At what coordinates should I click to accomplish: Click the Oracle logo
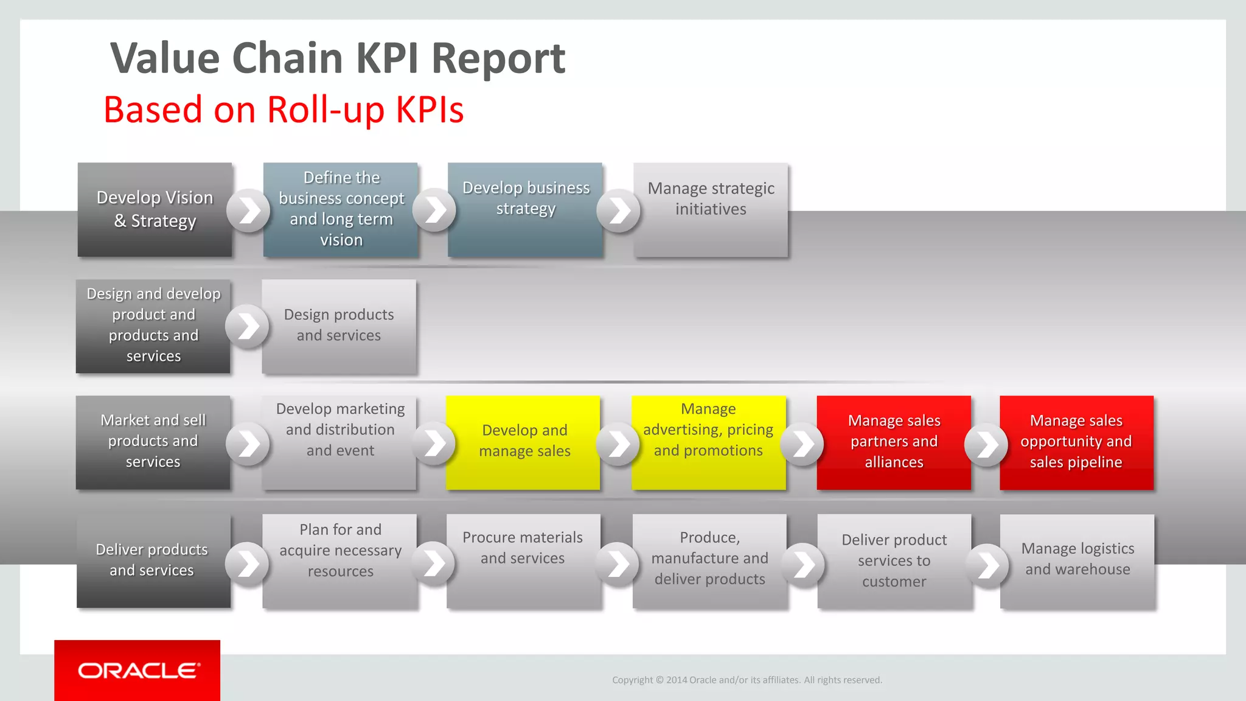[137, 670]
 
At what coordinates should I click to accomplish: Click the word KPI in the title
[386, 58]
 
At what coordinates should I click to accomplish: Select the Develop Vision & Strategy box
[155, 209]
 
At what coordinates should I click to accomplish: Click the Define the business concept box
[341, 209]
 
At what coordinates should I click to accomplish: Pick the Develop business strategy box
[525, 209]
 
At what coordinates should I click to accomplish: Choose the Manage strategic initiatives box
[711, 209]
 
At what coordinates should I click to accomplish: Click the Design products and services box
[339, 326]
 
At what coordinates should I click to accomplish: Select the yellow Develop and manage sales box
[523, 442]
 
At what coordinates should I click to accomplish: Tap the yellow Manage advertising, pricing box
[708, 442]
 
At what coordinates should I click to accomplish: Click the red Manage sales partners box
[894, 442]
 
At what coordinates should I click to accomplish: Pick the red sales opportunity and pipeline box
[1076, 442]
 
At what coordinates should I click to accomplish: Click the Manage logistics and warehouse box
[1077, 560]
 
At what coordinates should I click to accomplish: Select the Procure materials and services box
[523, 560]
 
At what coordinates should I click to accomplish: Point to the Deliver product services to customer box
[894, 560]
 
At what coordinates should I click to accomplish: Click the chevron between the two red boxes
[986, 444]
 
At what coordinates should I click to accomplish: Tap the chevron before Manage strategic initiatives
[618, 211]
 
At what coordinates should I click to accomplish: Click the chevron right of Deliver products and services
[247, 563]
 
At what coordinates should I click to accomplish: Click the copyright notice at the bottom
[747, 680]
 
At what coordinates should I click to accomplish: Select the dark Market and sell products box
[153, 442]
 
